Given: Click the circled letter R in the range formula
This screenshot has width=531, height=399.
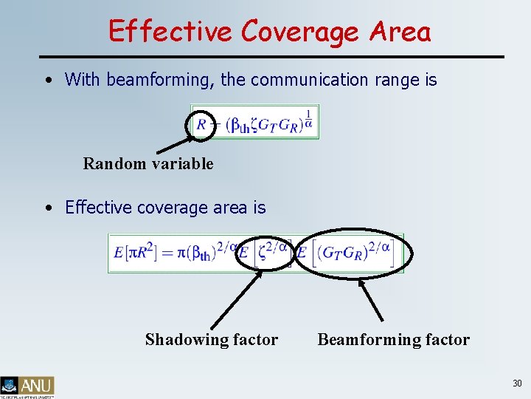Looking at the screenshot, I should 201,124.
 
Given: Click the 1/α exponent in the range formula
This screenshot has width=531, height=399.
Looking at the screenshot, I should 308,117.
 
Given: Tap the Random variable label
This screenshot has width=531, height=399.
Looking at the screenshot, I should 148,164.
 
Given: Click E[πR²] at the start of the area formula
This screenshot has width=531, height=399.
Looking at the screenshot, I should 132,253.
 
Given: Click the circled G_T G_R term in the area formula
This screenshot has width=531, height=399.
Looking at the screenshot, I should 350,253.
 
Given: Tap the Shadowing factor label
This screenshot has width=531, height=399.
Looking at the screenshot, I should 212,340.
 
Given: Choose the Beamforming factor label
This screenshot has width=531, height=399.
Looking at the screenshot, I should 393,340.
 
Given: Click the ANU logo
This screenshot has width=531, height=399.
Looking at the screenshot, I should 27,386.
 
